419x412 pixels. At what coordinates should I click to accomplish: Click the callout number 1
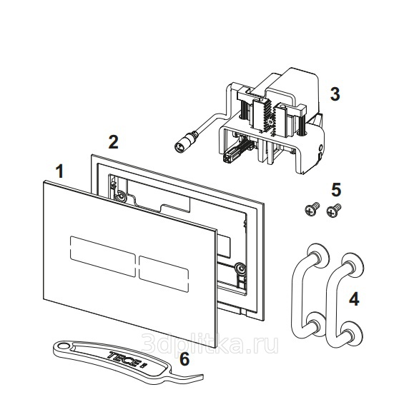tap(60, 171)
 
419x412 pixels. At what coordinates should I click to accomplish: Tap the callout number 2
tap(113, 142)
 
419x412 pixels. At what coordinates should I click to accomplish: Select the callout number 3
tap(335, 94)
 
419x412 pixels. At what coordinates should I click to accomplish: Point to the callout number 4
tap(354, 299)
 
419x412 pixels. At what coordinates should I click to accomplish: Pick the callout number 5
tap(336, 190)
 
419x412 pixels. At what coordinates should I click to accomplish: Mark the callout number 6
tap(184, 359)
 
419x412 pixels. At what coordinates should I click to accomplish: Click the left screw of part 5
tap(312, 209)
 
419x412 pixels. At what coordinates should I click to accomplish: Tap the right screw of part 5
tap(334, 211)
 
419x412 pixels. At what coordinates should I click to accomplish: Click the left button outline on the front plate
tap(103, 256)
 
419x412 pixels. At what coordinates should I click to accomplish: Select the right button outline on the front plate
tap(164, 273)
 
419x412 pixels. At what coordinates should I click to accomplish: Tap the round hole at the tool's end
tap(63, 346)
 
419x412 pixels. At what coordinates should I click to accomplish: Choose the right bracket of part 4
tap(344, 299)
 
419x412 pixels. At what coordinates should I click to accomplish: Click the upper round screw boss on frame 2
tap(121, 198)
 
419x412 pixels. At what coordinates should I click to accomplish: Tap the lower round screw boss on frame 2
tap(240, 268)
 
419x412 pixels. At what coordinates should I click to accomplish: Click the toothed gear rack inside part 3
tap(267, 117)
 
